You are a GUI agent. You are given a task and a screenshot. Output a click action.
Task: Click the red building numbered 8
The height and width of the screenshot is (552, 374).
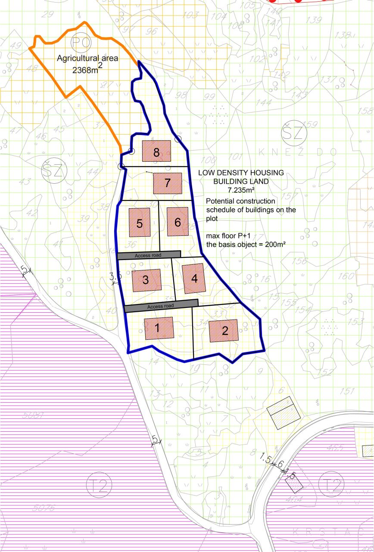pos(156,151)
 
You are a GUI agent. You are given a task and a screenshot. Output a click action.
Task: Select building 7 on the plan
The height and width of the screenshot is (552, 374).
pos(168,183)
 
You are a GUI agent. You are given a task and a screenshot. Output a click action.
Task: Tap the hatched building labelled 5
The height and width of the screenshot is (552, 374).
pos(140,223)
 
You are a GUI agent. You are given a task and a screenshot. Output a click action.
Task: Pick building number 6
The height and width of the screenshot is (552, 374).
pos(178,222)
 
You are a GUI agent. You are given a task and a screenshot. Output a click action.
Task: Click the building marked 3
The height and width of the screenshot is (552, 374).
pos(146,279)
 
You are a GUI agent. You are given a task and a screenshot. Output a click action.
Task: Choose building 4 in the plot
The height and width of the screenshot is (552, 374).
pos(194,278)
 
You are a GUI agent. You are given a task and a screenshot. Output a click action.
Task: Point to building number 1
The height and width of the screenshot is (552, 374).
pos(158,328)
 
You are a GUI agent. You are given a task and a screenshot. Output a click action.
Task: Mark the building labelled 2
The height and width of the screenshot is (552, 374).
pos(224,331)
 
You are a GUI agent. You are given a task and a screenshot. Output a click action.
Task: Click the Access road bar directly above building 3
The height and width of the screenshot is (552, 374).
pos(149,255)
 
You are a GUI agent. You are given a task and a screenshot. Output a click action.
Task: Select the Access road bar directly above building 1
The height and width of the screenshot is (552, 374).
pos(161,306)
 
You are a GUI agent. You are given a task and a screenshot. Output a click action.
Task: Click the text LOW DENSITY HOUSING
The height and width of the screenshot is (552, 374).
pos(241,173)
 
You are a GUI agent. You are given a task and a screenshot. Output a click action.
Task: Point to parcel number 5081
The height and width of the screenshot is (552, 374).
pos(33,415)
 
